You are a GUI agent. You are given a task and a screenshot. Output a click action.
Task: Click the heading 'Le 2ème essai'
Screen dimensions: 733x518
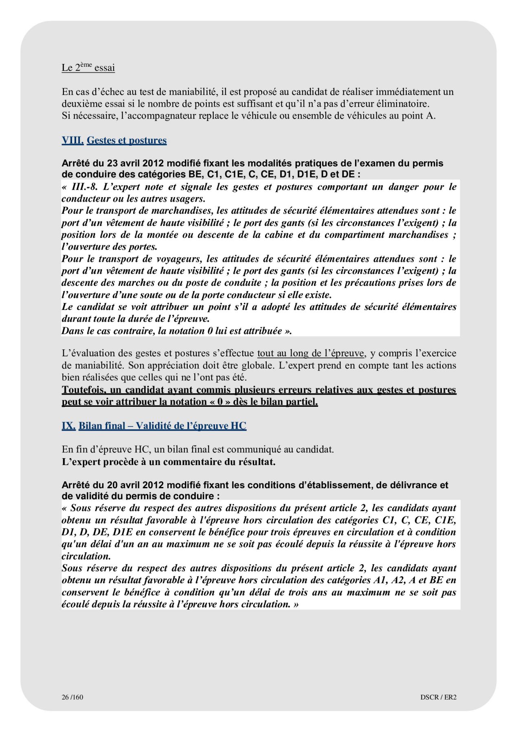88,67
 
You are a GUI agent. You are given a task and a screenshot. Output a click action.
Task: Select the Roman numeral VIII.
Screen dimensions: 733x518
72,140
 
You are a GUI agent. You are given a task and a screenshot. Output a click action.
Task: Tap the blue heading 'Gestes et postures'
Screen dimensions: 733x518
127,140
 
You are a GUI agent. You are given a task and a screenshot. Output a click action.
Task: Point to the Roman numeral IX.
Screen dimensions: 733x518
68,426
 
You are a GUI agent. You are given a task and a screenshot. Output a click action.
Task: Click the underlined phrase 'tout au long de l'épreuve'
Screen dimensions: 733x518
311,353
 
